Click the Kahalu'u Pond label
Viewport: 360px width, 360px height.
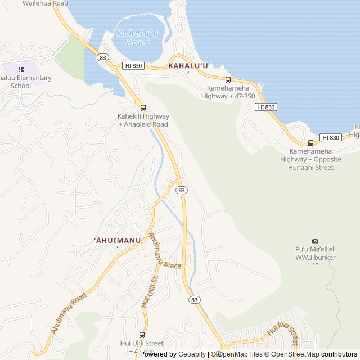pos(133,38)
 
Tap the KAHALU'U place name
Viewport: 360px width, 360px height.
pos(188,66)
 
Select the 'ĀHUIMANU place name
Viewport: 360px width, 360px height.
pos(117,241)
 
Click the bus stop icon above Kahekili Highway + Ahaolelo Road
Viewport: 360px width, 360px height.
pos(143,107)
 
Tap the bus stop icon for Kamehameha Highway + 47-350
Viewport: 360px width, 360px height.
pos(228,79)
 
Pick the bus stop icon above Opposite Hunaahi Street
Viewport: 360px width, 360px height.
pos(310,143)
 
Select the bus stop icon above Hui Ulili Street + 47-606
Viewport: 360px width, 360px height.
pos(142,334)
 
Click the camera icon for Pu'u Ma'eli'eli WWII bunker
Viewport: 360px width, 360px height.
pos(315,241)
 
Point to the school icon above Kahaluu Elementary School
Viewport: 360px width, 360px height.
pos(21,69)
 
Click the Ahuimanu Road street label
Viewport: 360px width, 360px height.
pos(69,313)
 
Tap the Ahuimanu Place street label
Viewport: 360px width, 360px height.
pos(164,251)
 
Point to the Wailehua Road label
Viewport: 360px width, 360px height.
pos(45,3)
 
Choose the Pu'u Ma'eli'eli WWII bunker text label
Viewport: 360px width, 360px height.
pos(315,253)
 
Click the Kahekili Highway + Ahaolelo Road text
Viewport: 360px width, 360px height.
pos(143,120)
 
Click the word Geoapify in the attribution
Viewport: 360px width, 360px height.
pos(191,354)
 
